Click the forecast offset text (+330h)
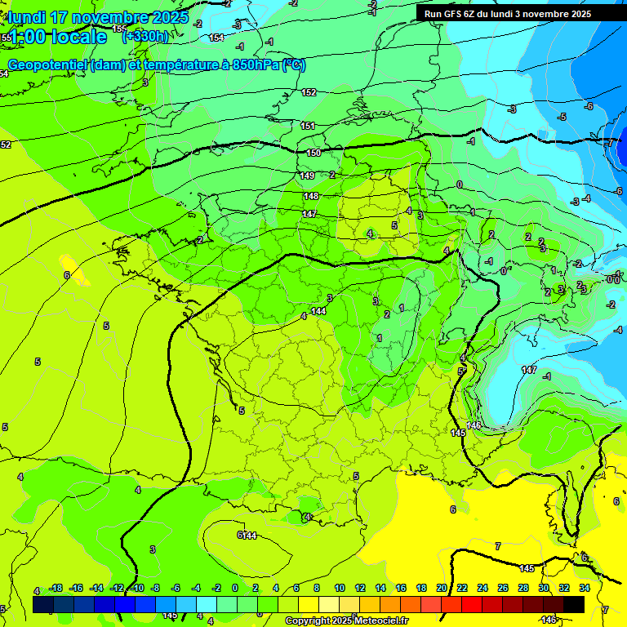pos(145,36)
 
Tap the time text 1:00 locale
pos(58,37)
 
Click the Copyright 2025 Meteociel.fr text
pos(346,621)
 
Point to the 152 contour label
pos(309,92)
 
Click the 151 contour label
pos(308,126)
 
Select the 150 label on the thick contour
pos(313,153)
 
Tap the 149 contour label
pos(307,176)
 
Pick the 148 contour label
pos(311,196)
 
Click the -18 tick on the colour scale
pos(56,588)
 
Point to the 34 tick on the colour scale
pos(585,588)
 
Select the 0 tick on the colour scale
pos(235,588)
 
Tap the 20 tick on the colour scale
pos(442,588)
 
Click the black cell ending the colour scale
pos(574,604)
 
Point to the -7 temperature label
pos(610,143)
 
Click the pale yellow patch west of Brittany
pos(75,269)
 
